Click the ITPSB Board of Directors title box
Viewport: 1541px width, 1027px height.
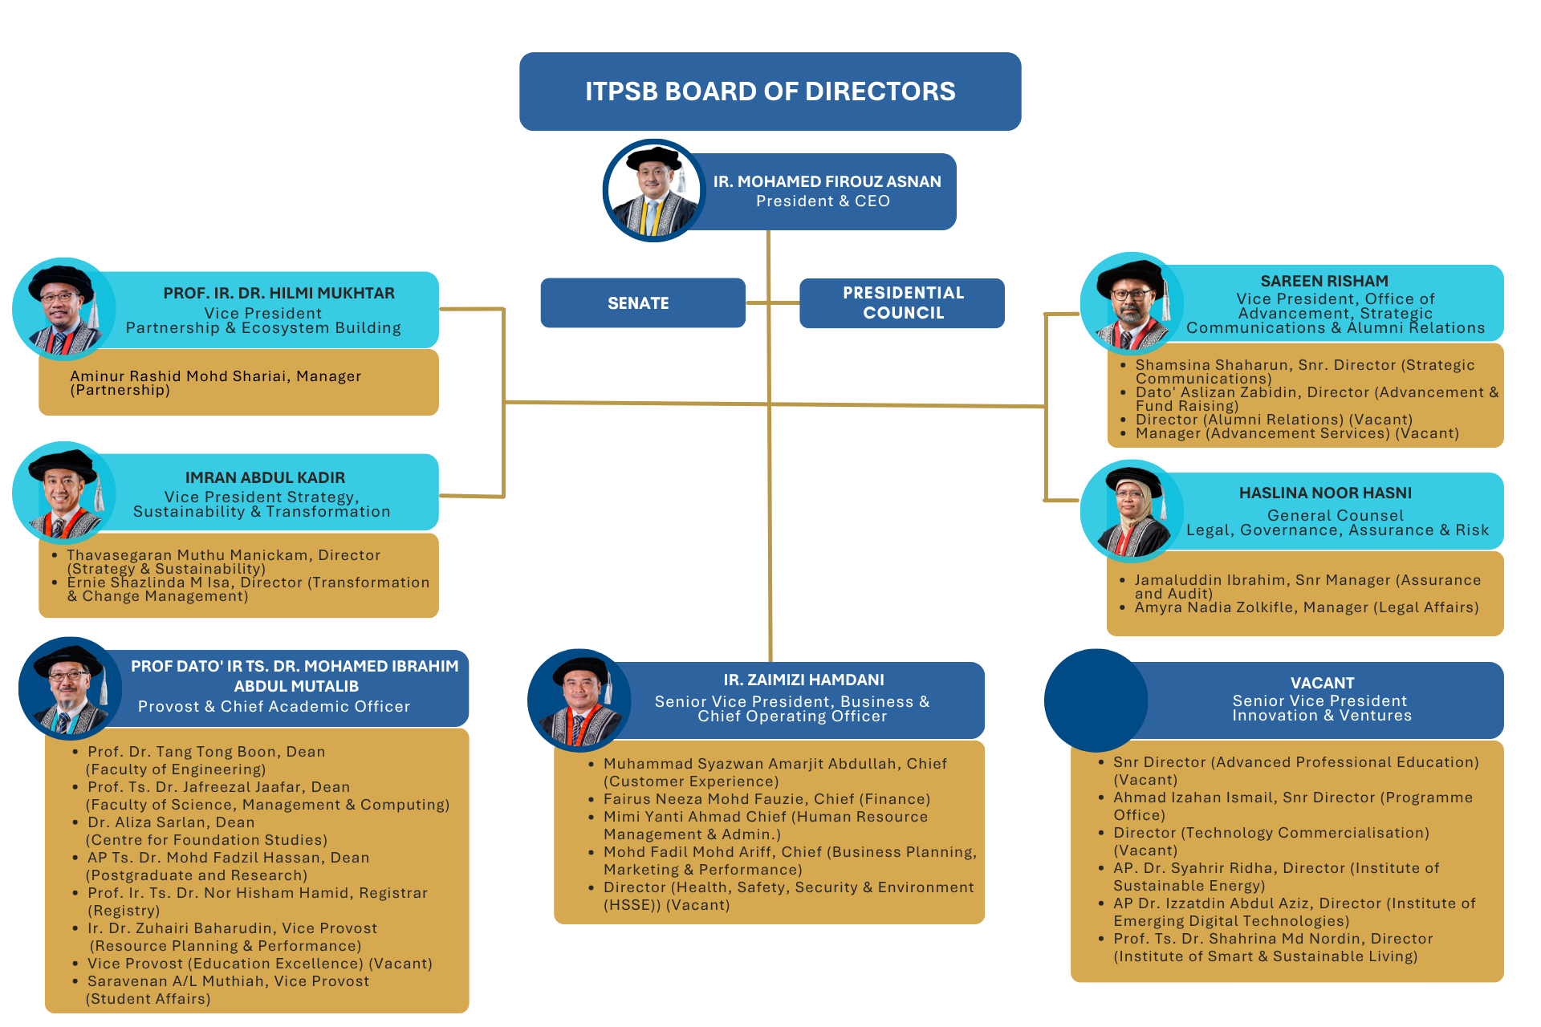(x=770, y=91)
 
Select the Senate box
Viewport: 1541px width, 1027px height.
(x=642, y=303)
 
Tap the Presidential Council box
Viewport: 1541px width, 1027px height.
(x=902, y=303)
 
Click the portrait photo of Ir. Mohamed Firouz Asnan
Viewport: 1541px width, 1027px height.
(x=654, y=191)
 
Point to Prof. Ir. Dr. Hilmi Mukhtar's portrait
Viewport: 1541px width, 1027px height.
(x=64, y=310)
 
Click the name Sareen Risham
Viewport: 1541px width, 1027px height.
(x=1323, y=281)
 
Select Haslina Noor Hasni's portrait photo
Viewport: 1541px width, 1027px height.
(x=1132, y=512)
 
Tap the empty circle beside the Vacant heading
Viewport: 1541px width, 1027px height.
(x=1096, y=700)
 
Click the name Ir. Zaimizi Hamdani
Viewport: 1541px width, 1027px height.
(x=803, y=680)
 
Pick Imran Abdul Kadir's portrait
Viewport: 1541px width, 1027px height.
(x=64, y=493)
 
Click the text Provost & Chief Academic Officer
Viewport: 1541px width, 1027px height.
(x=274, y=706)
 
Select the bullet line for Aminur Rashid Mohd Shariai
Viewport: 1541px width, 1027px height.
(x=215, y=383)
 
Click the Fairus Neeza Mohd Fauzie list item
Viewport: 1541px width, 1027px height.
(x=766, y=799)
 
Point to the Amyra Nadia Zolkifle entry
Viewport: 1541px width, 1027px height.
(x=1306, y=607)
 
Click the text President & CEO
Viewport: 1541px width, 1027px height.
(x=823, y=201)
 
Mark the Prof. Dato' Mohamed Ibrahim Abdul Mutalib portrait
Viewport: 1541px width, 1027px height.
(x=71, y=689)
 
